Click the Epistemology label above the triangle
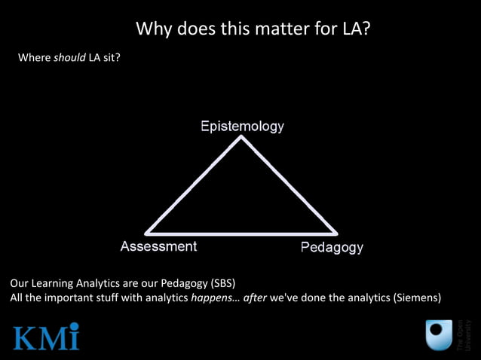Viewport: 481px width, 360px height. click(242, 126)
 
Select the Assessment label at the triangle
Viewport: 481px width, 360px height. click(158, 246)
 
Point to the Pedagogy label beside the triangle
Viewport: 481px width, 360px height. click(332, 247)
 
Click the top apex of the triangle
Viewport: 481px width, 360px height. click(241, 139)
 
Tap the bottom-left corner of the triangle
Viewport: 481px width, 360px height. click(147, 232)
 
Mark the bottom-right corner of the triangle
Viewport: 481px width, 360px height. click(335, 232)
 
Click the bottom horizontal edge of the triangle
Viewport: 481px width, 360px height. click(241, 233)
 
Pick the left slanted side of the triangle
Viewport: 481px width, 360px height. click(194, 185)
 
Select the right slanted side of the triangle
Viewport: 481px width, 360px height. click(289, 185)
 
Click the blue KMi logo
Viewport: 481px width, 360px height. click(46, 336)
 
